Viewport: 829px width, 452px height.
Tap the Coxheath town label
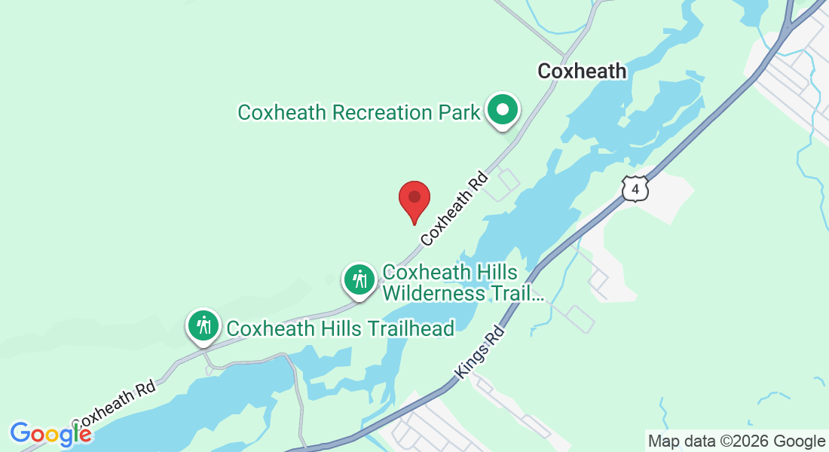click(581, 72)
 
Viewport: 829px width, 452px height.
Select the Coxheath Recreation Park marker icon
click(503, 111)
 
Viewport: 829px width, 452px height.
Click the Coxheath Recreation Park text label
click(359, 113)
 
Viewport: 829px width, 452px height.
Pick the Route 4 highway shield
click(635, 188)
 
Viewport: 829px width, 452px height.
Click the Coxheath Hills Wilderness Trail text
click(463, 282)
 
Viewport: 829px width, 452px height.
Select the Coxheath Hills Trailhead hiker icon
click(203, 327)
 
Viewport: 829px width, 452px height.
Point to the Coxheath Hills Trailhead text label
click(341, 328)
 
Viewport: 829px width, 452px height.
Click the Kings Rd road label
click(479, 352)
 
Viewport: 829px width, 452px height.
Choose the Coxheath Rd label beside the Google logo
click(113, 404)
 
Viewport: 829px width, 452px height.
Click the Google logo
click(50, 434)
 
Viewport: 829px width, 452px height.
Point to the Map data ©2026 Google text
click(736, 441)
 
